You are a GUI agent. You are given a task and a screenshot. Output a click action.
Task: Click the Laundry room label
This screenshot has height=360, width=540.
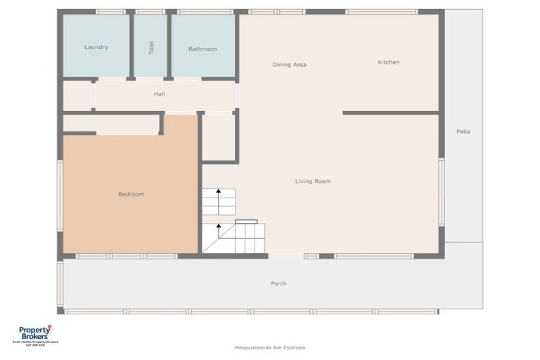tap(96, 47)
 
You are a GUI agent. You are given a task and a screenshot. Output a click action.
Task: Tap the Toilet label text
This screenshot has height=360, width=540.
tap(150, 47)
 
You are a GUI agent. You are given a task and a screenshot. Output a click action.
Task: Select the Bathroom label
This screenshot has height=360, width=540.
tap(202, 49)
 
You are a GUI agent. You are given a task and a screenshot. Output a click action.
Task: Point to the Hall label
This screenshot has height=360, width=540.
tap(160, 94)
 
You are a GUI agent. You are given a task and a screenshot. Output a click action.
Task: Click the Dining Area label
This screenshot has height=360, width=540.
tap(290, 65)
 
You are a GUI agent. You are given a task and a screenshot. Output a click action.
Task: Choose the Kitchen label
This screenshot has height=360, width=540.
tap(388, 62)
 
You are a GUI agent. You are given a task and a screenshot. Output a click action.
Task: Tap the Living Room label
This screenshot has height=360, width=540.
tap(313, 181)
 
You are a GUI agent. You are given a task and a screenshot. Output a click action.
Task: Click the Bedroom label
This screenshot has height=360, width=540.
tap(131, 194)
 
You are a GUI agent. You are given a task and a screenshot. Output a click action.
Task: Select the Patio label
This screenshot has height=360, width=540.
tap(463, 131)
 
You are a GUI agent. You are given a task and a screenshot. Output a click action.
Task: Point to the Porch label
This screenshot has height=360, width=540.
tap(278, 283)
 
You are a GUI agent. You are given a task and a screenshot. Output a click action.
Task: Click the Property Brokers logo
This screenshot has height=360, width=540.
tap(35, 332)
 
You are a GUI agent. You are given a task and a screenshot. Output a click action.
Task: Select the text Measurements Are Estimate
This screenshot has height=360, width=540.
tap(270, 347)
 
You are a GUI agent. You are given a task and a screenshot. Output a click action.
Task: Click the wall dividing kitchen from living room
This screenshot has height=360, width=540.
tap(390, 112)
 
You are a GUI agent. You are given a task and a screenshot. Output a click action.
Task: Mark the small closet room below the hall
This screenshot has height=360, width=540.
tap(219, 137)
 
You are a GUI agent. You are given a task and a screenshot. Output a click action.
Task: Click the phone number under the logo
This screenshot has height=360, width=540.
tap(35, 345)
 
